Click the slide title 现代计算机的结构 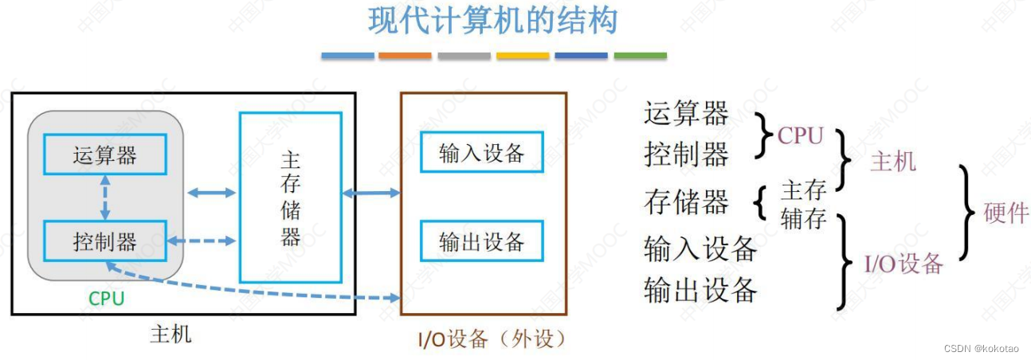493,22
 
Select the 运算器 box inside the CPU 104,155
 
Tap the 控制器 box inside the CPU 104,241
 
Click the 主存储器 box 291,197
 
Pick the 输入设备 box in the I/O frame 481,153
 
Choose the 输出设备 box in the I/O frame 481,241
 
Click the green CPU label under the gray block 106,299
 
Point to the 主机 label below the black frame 171,334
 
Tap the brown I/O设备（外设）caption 492,339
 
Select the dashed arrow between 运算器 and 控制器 105,198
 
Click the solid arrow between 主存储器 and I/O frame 371,193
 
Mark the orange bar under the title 405,56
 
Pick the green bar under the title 640,56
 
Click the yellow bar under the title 523,56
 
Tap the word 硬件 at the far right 1006,213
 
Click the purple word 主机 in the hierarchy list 892,162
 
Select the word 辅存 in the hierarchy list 803,217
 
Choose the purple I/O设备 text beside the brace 904,264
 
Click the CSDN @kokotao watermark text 982,349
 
